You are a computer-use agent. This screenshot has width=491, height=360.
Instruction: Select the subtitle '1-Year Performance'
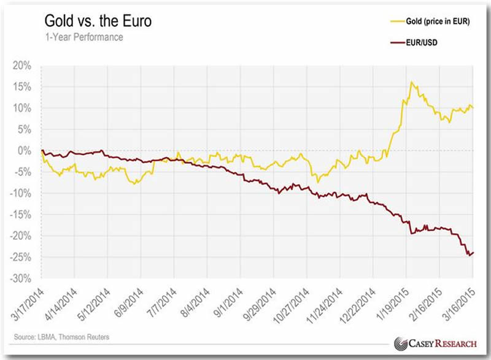point(83,38)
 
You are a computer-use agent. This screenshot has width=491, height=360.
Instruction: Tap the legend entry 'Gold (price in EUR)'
point(436,21)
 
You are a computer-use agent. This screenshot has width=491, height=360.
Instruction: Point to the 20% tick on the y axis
point(24,66)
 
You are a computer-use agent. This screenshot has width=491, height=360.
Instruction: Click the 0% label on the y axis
point(27,151)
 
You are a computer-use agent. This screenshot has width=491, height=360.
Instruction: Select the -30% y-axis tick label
point(23,278)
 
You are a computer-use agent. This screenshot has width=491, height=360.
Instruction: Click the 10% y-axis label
point(24,109)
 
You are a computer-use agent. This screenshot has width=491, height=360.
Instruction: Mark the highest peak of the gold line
point(411,82)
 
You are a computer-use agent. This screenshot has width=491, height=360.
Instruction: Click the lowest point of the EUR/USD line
point(470,256)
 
